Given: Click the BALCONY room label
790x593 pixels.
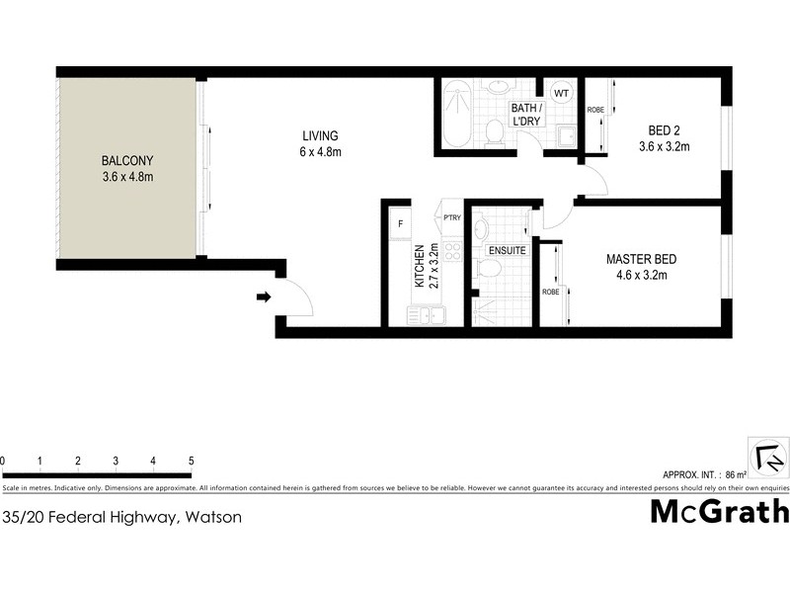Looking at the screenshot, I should (x=128, y=169).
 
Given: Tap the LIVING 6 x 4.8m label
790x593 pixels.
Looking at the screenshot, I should (x=321, y=143).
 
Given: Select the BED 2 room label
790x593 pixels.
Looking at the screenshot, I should (x=664, y=139).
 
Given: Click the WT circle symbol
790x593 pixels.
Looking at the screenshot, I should (x=561, y=93).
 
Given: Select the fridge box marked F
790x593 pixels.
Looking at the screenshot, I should (x=400, y=224).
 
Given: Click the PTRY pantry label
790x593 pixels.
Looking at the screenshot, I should (x=452, y=217).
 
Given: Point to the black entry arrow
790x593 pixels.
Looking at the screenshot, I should (x=264, y=296).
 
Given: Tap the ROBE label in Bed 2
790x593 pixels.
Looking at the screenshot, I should (x=595, y=111).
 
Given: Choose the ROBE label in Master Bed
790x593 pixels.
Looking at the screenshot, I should (x=550, y=293).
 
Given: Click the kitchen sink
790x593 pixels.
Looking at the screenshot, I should (x=427, y=315).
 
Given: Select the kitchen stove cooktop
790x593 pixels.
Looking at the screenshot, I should (x=453, y=252).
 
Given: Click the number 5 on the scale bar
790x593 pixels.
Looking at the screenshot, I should (x=191, y=461).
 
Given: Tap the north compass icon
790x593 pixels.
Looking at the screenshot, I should (x=767, y=458).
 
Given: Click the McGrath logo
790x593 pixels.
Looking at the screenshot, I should (x=719, y=511).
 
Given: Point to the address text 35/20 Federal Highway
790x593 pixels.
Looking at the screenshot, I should (x=121, y=516).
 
